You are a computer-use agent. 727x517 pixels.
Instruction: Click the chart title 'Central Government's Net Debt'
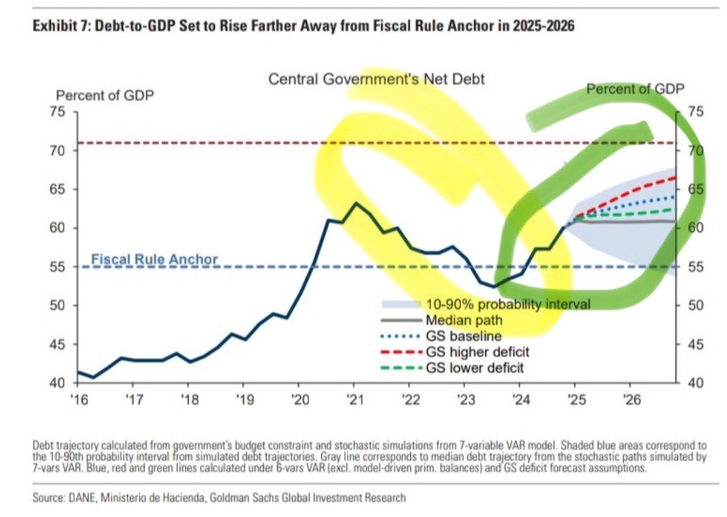click(376, 79)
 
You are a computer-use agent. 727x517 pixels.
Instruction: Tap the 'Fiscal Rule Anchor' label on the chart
click(155, 259)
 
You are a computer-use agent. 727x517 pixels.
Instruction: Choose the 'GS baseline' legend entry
click(463, 335)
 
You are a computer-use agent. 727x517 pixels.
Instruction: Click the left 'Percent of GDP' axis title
click(98, 95)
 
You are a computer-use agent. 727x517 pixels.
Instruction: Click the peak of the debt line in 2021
click(355, 203)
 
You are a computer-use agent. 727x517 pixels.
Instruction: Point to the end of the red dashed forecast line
click(675, 177)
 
